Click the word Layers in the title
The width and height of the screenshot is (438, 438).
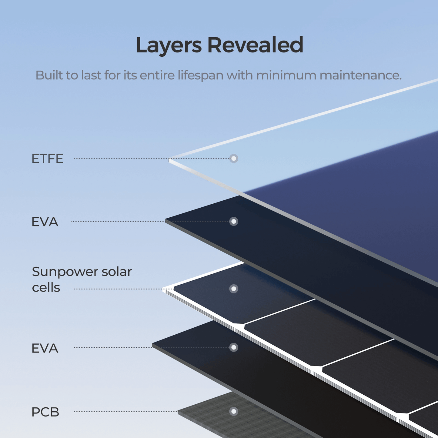[169, 45]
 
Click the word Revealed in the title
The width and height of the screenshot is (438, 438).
[255, 45]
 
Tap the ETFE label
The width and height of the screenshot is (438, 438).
[47, 159]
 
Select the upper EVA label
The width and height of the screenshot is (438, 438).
[45, 222]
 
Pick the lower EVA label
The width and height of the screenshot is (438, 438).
[45, 348]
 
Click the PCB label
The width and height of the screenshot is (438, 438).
[45, 412]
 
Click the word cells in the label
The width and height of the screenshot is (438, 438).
[46, 288]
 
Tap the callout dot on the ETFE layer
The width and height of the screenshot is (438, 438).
[233, 158]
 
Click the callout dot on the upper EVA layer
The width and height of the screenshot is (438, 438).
[233, 222]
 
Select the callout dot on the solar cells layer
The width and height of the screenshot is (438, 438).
[233, 289]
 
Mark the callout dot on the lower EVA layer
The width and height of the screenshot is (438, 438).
[233, 347]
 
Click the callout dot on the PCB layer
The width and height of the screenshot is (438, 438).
[233, 411]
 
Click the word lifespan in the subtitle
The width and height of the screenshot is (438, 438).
[200, 75]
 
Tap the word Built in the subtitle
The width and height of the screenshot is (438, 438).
[48, 75]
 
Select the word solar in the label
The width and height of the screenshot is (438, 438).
[116, 272]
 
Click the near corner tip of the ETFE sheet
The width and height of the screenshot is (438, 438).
[169, 160]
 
